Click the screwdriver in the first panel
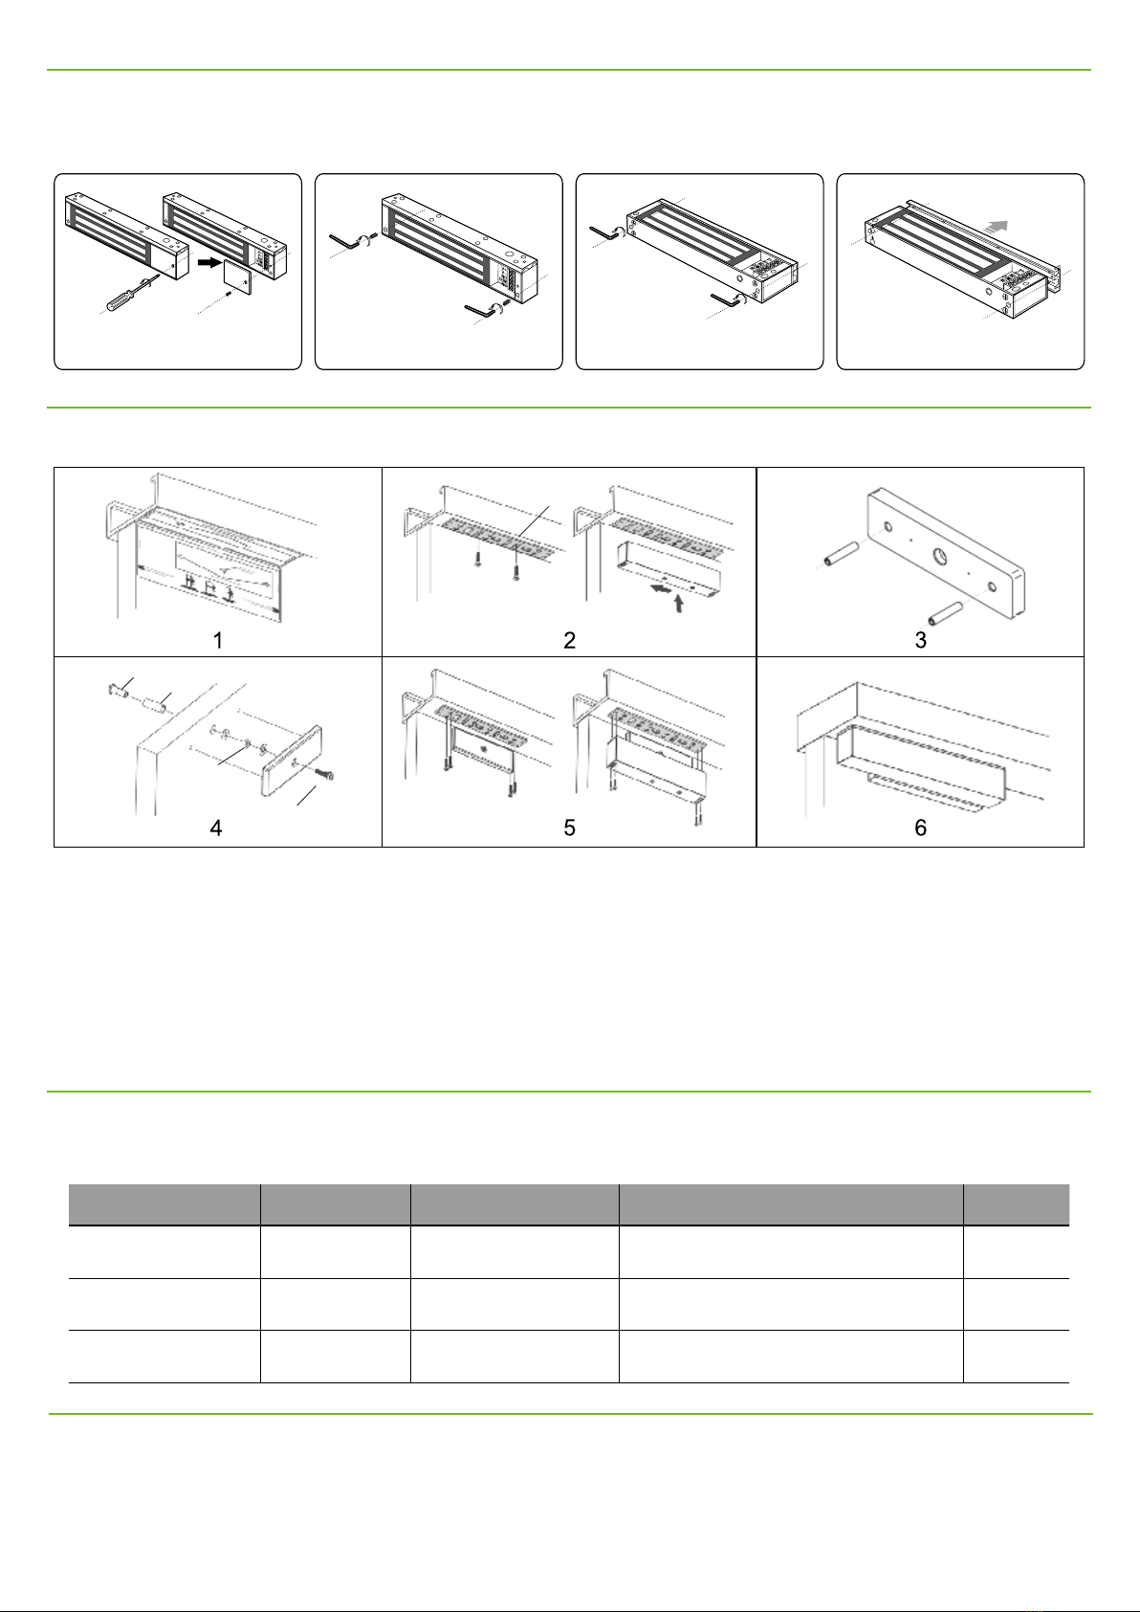[133, 292]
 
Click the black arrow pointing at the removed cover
[209, 263]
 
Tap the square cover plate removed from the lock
[237, 278]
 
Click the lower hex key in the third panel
[727, 298]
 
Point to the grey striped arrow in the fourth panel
[997, 226]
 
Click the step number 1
[218, 640]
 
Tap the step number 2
[569, 640]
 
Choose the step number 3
[920, 640]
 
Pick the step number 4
[216, 828]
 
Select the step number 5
[569, 828]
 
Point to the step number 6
[920, 828]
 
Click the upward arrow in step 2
[678, 603]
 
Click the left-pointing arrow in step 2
[660, 588]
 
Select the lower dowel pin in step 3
[946, 612]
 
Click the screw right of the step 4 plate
[322, 774]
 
